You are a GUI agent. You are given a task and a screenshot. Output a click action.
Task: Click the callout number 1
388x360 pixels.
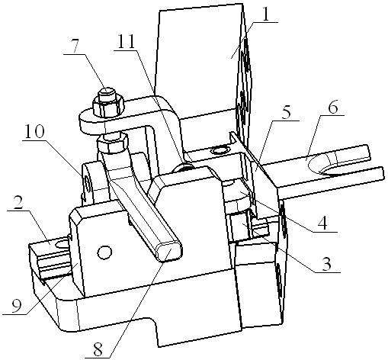point(265,14)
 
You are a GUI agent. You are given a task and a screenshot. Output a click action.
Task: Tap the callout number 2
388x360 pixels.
point(18,202)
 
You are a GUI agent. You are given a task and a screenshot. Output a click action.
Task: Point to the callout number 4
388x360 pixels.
point(323,223)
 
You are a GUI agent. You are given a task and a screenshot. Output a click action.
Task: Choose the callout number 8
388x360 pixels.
point(98,349)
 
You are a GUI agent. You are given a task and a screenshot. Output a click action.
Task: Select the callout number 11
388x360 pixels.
point(126,42)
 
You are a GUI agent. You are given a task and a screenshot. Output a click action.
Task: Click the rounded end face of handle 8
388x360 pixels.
point(170,252)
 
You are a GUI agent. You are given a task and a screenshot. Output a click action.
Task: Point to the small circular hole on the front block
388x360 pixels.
point(104,252)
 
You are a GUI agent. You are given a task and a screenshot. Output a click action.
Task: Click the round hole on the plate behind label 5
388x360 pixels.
point(220,151)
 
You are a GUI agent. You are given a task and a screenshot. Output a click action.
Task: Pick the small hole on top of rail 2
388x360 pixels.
point(62,244)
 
